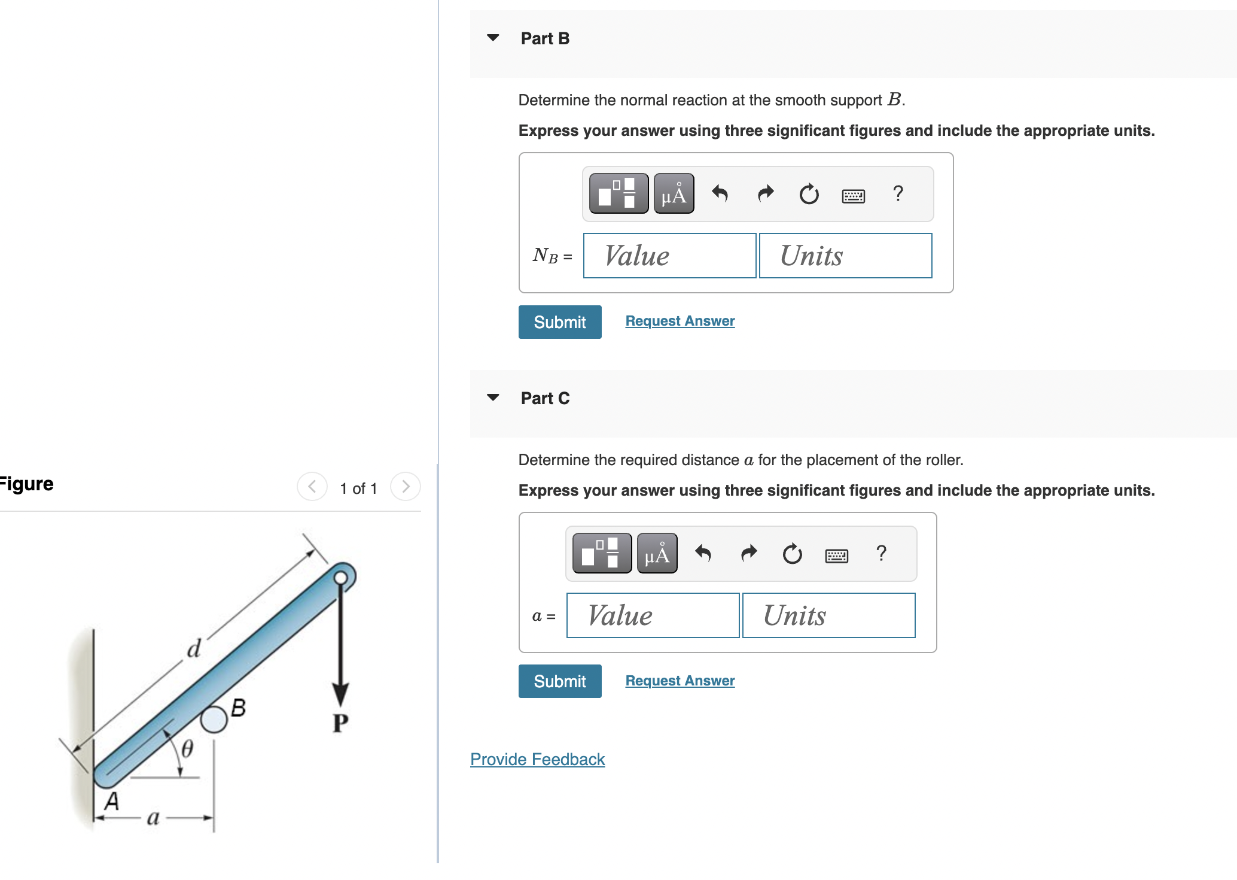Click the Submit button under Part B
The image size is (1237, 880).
pos(559,322)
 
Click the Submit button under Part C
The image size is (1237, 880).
pos(559,681)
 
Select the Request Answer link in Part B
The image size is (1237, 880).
pos(680,321)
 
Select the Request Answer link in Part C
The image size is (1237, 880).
pos(680,681)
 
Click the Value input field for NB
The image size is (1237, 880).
pos(669,256)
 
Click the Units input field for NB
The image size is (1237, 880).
pos(845,256)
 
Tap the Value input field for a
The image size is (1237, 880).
pos(652,616)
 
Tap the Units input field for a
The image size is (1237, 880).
pos(828,616)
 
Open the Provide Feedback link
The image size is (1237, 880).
pos(537,759)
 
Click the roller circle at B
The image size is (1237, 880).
pos(214,719)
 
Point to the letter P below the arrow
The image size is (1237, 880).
pos(340,723)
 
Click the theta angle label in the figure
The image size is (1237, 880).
pos(187,748)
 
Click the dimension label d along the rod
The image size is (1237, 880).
pos(194,648)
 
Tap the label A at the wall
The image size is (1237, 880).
pos(112,801)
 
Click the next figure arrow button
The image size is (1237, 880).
pos(405,487)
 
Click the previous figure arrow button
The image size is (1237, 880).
pos(312,487)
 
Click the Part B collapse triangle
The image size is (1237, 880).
pos(493,38)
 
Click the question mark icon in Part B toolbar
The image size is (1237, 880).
pos(897,194)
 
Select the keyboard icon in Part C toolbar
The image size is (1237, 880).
pos(836,556)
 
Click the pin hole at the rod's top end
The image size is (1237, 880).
pos(340,578)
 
